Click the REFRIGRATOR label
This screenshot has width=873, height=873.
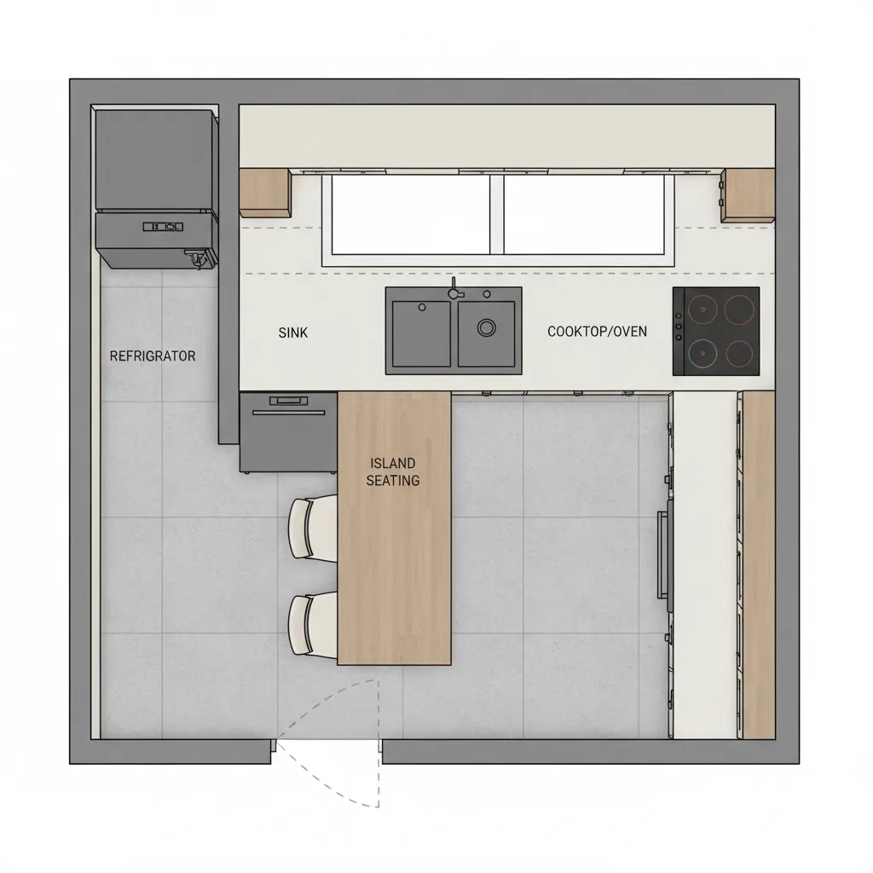coord(153,356)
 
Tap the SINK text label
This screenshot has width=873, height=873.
coord(293,332)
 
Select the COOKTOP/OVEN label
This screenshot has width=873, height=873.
coord(597,331)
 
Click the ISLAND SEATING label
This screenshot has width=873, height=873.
coord(392,471)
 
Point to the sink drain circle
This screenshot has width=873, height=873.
coord(487,327)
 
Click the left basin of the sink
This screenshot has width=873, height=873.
coord(421,332)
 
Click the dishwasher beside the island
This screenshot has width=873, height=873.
coord(288,432)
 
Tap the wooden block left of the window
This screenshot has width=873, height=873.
coord(264,192)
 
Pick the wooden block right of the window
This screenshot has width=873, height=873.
coord(748,194)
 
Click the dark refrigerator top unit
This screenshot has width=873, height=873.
coord(154,159)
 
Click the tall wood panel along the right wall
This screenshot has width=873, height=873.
coord(758,564)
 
